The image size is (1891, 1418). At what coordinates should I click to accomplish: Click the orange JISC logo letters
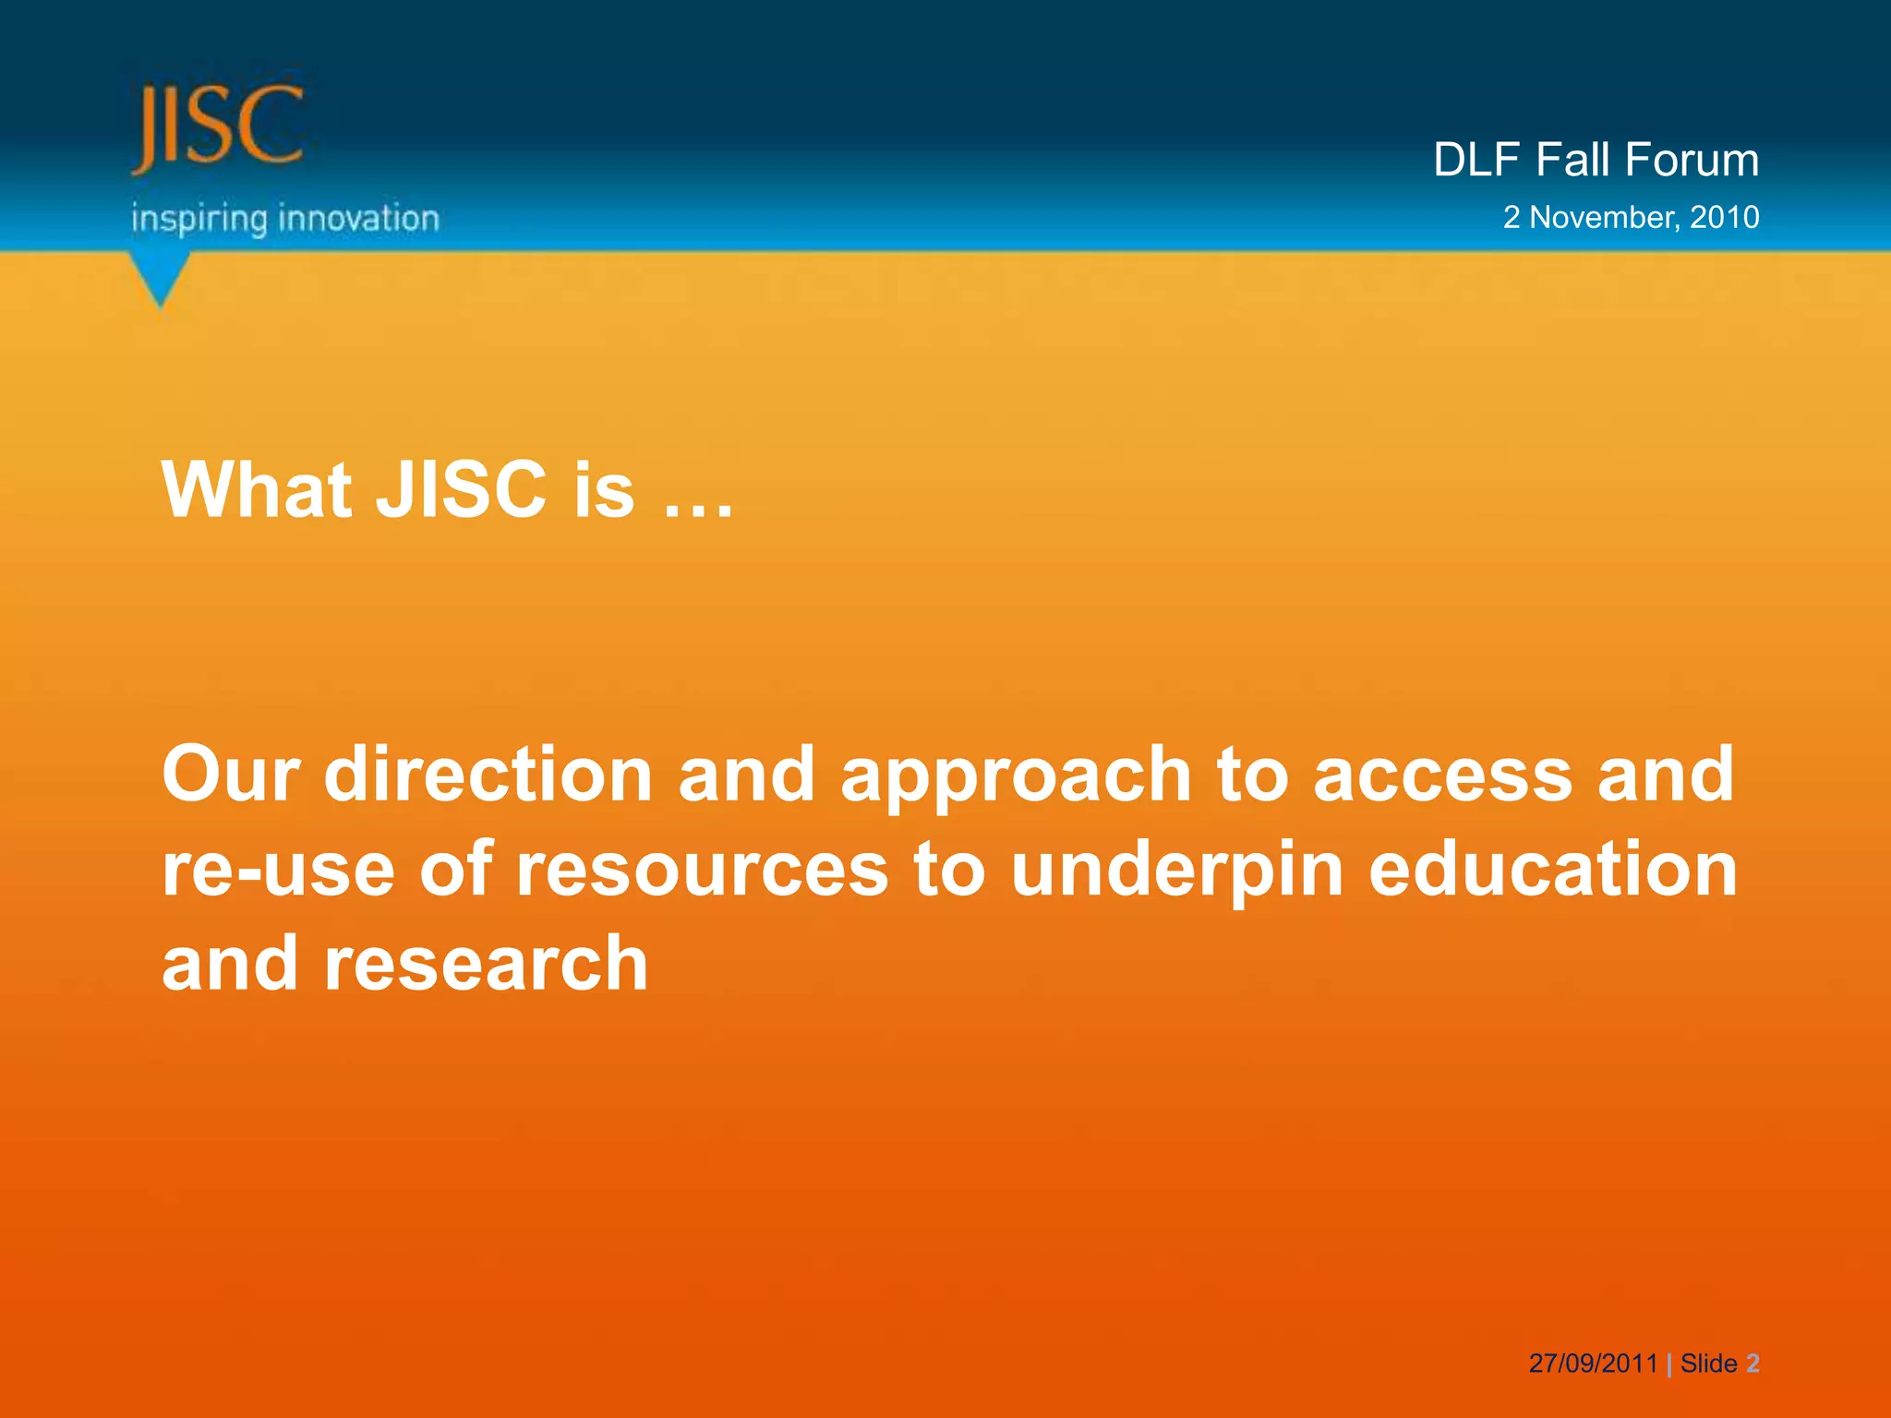tap(218, 127)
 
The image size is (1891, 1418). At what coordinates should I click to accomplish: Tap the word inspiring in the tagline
tap(199, 220)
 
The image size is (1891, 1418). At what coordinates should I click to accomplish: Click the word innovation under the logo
tap(358, 219)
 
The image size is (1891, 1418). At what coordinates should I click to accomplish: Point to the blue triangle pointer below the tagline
tap(161, 280)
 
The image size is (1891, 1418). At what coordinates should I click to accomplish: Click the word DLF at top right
tap(1475, 160)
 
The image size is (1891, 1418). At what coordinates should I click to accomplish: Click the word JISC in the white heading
tap(461, 489)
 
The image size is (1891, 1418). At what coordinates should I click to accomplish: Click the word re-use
tap(278, 871)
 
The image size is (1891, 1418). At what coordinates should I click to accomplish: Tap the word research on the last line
tap(486, 966)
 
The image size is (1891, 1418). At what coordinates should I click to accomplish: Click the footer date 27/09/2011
tap(1593, 1364)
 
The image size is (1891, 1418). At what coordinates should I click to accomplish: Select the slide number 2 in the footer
tap(1752, 1364)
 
